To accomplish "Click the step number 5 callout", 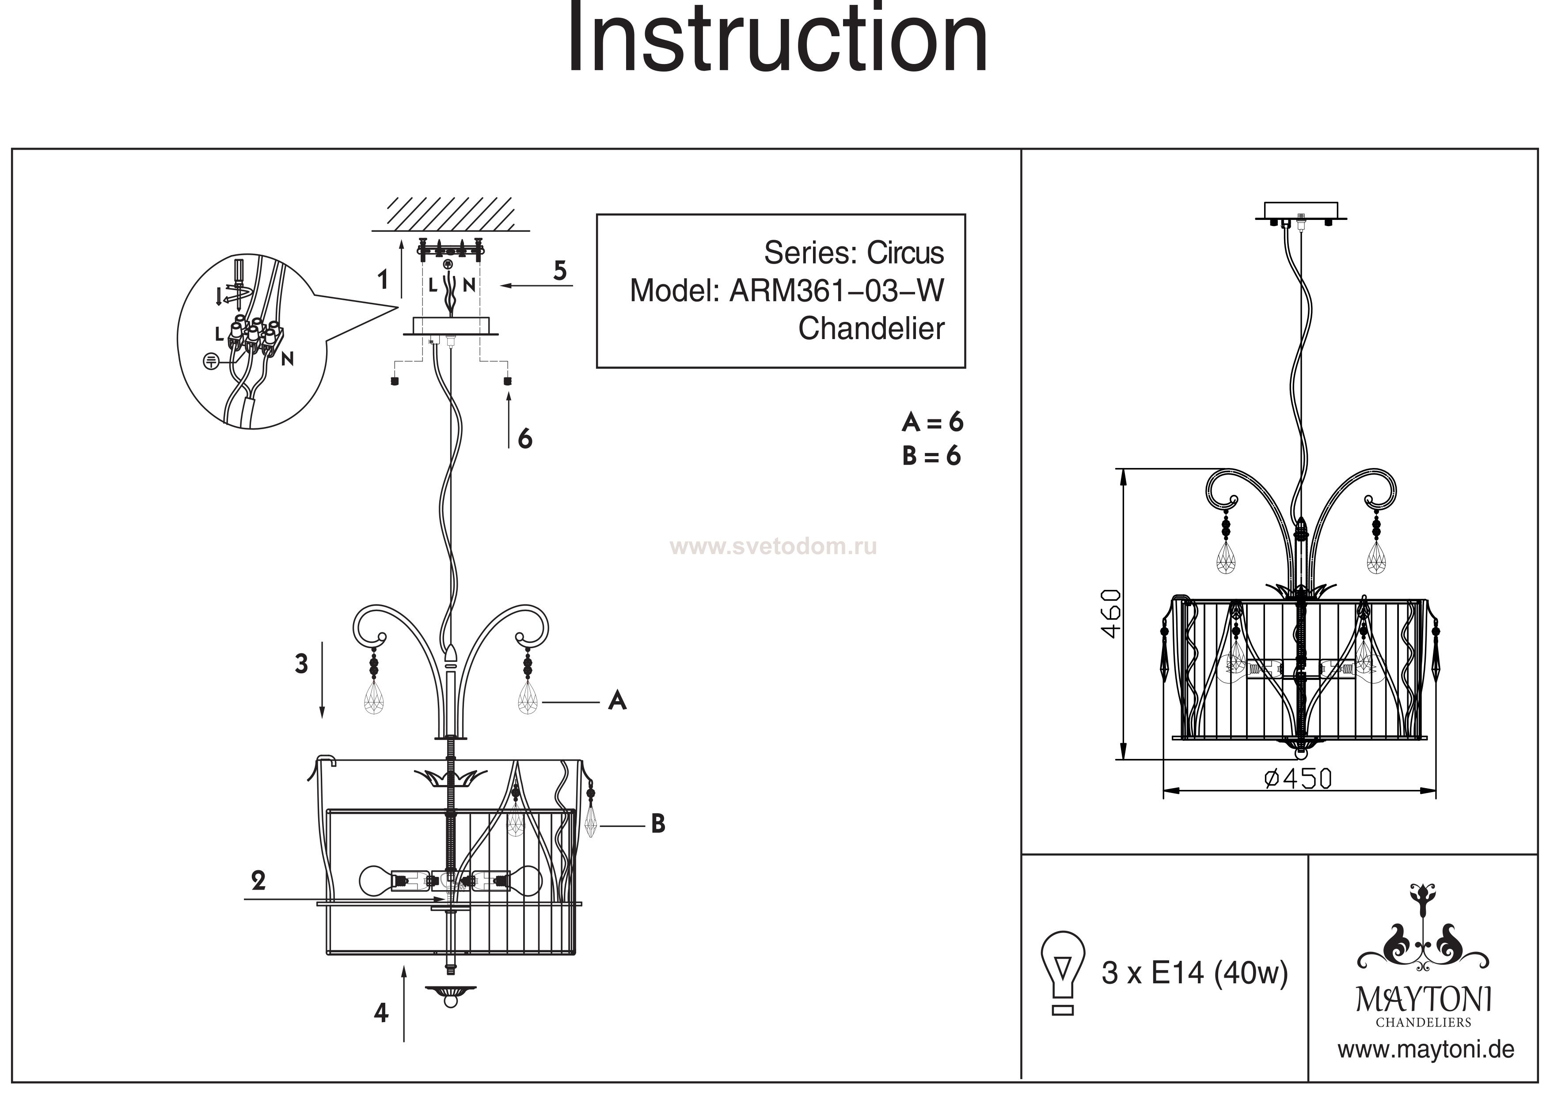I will click(560, 271).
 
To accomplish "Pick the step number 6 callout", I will click(524, 439).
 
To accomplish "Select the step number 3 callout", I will click(301, 664).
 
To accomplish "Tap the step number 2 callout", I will click(258, 880).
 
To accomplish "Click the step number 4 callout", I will click(381, 1013).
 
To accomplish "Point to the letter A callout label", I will click(617, 702).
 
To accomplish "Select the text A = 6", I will click(932, 423).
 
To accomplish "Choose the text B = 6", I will click(931, 456).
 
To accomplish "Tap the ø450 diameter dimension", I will click(1298, 779).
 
